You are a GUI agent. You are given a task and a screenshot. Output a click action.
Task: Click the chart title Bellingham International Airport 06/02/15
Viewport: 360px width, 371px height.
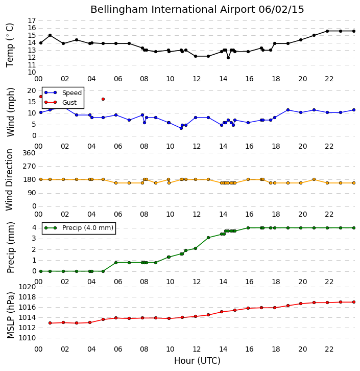click(197, 10)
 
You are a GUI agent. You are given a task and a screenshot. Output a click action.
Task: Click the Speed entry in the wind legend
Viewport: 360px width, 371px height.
click(63, 93)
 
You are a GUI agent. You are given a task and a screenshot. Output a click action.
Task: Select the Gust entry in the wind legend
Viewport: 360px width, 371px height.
click(61, 102)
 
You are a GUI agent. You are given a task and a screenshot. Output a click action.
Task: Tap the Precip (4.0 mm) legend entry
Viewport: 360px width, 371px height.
click(79, 228)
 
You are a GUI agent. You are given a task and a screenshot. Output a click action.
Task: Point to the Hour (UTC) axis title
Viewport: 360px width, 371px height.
click(197, 361)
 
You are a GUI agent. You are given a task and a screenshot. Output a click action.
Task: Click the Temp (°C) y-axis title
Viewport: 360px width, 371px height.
click(10, 45)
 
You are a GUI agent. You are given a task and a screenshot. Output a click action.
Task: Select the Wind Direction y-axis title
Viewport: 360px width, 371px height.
click(9, 180)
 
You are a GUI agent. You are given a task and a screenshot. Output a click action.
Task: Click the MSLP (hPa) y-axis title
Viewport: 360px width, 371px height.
click(10, 315)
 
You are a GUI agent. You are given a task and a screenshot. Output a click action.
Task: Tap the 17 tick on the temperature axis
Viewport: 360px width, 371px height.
click(32, 20)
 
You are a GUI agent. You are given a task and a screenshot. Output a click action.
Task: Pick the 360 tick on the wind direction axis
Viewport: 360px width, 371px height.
click(29, 153)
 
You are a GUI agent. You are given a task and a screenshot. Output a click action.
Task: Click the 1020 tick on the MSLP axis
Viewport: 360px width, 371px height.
click(27, 287)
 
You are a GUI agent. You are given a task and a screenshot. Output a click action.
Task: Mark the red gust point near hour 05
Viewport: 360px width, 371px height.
click(103, 99)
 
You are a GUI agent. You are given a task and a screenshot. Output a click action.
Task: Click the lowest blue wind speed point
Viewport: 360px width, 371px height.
click(181, 128)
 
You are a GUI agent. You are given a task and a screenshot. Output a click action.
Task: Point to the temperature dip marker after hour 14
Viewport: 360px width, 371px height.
click(228, 58)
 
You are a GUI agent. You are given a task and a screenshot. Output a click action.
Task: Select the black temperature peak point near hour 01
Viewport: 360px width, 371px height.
click(50, 35)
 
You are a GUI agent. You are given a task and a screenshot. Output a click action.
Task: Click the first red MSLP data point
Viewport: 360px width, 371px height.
click(50, 323)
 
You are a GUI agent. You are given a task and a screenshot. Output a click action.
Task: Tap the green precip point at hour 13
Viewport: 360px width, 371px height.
click(208, 238)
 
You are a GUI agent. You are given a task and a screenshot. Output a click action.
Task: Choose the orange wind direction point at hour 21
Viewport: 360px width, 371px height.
click(314, 179)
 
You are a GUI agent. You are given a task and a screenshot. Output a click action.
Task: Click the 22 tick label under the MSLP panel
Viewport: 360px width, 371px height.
click(329, 349)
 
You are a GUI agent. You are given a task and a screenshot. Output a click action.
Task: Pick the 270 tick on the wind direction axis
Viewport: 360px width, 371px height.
click(29, 166)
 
